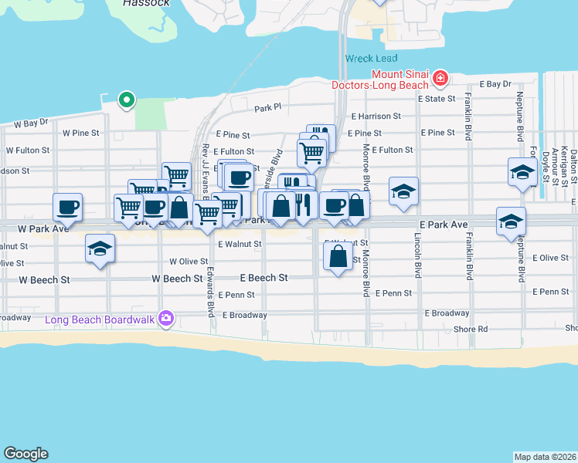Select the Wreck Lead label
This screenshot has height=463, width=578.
pyautogui.click(x=369, y=59)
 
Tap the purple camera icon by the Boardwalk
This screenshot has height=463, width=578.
pyautogui.click(x=165, y=318)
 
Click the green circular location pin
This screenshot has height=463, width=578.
pyautogui.click(x=125, y=99)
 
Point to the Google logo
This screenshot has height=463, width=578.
pyautogui.click(x=25, y=454)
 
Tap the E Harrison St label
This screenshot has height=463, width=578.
pyautogui.click(x=376, y=117)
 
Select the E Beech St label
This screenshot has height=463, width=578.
pyautogui.click(x=263, y=277)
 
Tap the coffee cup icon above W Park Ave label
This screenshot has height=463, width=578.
pyautogui.click(x=67, y=206)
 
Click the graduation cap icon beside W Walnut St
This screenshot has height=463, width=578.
pyautogui.click(x=100, y=249)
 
